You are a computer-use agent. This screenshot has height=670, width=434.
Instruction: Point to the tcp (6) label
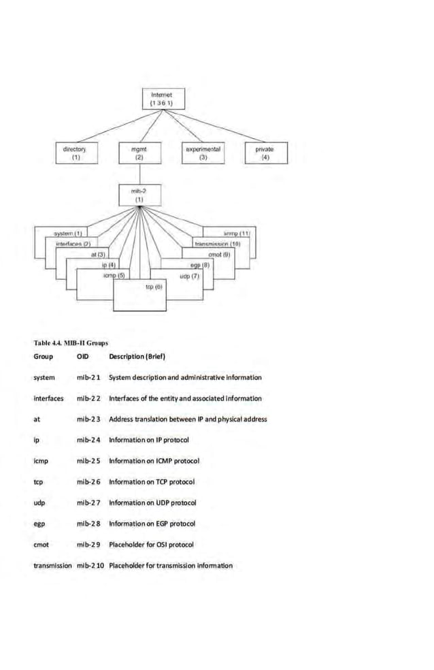coord(154,288)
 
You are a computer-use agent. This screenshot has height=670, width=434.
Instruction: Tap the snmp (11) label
coord(237,234)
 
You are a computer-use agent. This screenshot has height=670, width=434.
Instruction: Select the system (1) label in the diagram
coord(68,234)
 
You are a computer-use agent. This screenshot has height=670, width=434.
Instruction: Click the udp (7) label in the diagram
coord(189,277)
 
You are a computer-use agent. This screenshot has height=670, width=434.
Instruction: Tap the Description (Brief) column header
coord(137,356)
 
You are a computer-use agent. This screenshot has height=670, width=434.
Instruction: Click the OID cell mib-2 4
coord(88,440)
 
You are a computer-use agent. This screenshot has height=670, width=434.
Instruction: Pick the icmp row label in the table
coord(41,461)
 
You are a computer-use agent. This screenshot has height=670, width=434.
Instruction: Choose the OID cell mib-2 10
coord(90,565)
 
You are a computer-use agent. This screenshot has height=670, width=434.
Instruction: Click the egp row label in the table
coord(39,524)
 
